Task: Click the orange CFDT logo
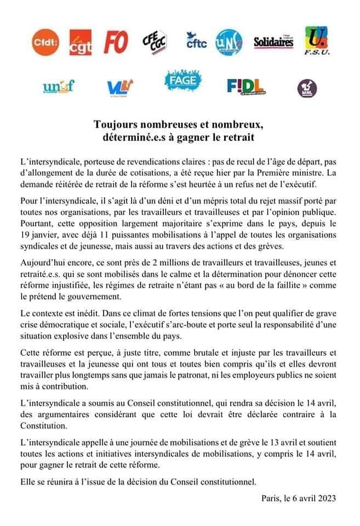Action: [48, 43]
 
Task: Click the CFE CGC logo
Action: [154, 42]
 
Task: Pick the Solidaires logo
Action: [273, 43]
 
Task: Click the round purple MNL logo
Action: [307, 88]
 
